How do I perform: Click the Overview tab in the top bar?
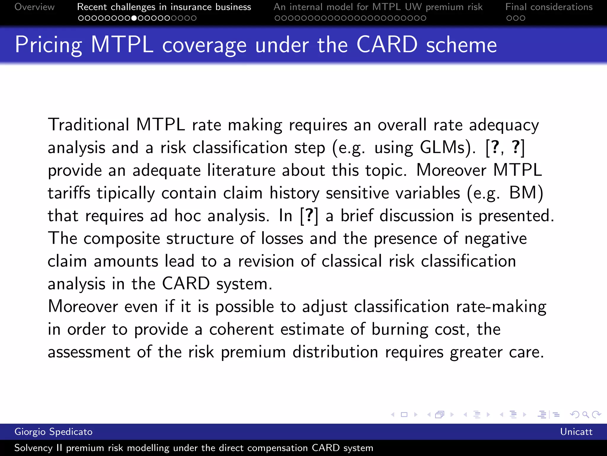[34, 7]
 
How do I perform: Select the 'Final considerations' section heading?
[549, 7]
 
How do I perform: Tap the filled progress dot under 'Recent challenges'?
[134, 18]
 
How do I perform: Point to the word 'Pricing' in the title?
[48, 45]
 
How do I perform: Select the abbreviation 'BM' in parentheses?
[522, 193]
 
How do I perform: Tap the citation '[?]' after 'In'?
[309, 216]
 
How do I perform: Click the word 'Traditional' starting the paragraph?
[89, 125]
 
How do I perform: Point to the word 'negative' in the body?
[496, 239]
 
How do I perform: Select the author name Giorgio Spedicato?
[53, 432]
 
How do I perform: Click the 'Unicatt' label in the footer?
[576, 432]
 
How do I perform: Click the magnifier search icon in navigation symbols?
[585, 414]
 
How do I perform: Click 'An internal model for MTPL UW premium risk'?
[378, 7]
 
